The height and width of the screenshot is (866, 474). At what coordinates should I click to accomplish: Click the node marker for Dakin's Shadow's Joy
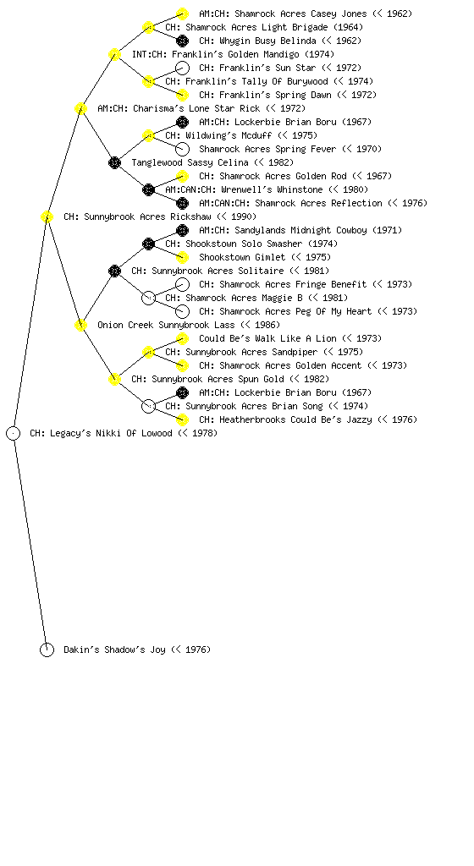(47, 649)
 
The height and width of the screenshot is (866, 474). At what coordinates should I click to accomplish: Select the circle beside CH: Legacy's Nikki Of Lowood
(14, 433)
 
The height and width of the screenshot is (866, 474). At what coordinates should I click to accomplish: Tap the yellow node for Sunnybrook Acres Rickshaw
(47, 216)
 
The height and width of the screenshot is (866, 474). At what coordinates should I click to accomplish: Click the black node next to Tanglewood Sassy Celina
(114, 162)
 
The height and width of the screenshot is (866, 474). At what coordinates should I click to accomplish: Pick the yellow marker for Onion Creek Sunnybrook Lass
(80, 325)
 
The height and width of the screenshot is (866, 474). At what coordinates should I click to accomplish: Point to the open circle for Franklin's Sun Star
(182, 68)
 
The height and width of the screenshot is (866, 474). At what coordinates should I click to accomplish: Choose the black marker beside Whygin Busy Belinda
(182, 41)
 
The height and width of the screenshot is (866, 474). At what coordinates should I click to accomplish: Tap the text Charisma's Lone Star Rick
(196, 108)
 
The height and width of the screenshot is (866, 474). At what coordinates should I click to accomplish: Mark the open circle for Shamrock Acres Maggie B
(148, 298)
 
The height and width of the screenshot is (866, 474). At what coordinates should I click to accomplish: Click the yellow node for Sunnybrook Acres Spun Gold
(114, 379)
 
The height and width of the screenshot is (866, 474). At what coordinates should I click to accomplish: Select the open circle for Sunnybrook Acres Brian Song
(148, 406)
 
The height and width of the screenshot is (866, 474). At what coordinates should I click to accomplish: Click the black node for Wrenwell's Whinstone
(148, 189)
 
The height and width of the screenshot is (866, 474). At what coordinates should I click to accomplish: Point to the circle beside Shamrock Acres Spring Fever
(182, 149)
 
